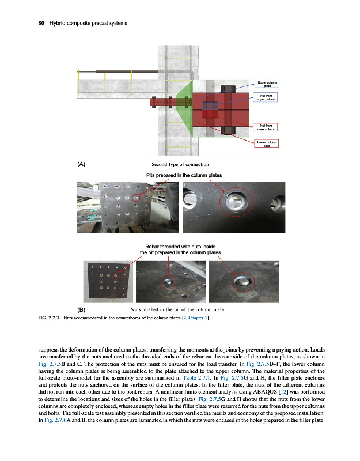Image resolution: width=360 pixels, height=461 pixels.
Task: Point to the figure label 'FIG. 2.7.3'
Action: click(x=48, y=318)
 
